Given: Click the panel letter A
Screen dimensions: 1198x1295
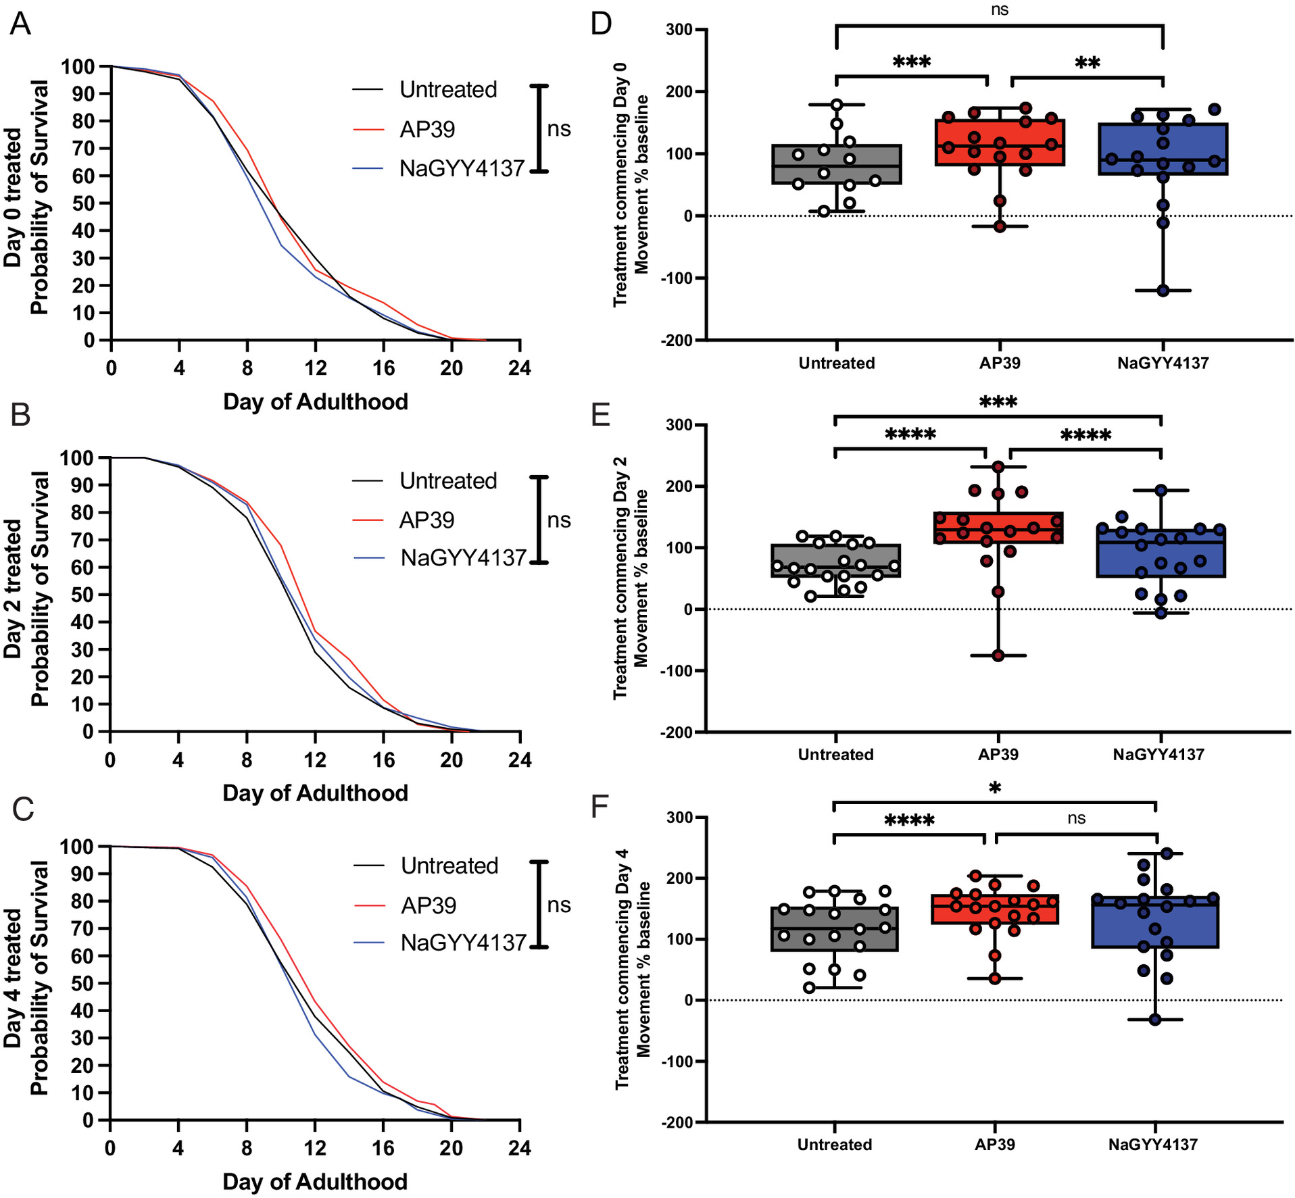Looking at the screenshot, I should pyautogui.click(x=20, y=24).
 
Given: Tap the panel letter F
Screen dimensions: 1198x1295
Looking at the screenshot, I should pyautogui.click(x=600, y=806).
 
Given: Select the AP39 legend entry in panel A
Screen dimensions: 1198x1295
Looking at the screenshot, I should pyautogui.click(x=427, y=129).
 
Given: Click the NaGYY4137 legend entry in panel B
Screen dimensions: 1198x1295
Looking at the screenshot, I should pyautogui.click(x=463, y=558).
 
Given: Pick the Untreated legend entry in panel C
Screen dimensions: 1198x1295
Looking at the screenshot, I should pyautogui.click(x=449, y=866).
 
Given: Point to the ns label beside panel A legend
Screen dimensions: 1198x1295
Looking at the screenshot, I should pyautogui.click(x=559, y=129).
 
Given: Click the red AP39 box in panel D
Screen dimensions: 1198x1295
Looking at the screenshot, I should pyautogui.click(x=1000, y=143).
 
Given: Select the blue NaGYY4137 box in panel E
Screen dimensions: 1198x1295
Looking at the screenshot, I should pyautogui.click(x=1160, y=553).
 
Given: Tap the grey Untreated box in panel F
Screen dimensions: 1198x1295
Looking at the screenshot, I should pyautogui.click(x=835, y=929).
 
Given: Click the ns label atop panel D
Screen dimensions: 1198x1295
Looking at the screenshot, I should pyautogui.click(x=1000, y=9).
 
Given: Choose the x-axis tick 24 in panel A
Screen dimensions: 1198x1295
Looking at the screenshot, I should pyautogui.click(x=520, y=368).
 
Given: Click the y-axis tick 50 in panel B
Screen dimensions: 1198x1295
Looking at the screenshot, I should pyautogui.click(x=84, y=595).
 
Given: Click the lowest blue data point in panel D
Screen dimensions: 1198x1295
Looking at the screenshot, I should pyautogui.click(x=1163, y=291).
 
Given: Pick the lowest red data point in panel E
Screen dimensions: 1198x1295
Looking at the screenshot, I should pyautogui.click(x=998, y=655).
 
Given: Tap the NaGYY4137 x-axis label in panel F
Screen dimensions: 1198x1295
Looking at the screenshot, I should pyautogui.click(x=1153, y=1145).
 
